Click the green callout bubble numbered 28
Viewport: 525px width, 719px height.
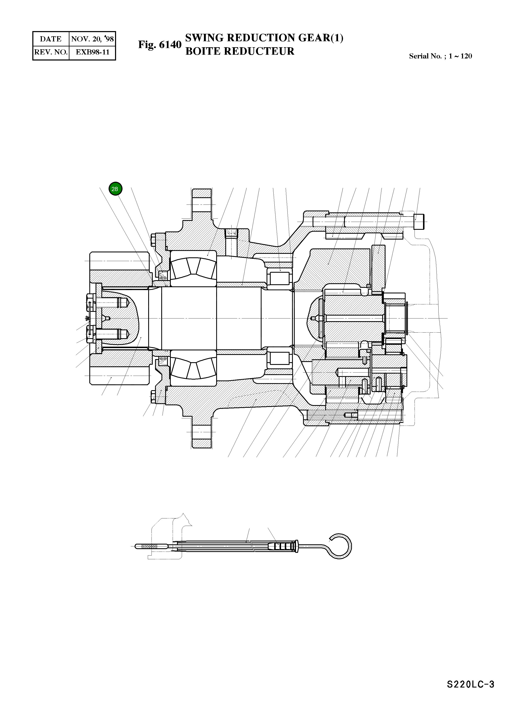point(115,189)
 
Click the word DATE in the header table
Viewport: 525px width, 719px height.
point(51,39)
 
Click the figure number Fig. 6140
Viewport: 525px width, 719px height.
point(160,45)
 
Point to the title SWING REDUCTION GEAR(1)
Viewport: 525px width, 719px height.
point(264,38)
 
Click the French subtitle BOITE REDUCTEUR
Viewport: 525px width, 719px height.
point(240,51)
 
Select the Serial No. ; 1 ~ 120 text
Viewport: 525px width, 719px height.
point(440,56)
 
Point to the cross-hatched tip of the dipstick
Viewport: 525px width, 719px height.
point(149,546)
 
